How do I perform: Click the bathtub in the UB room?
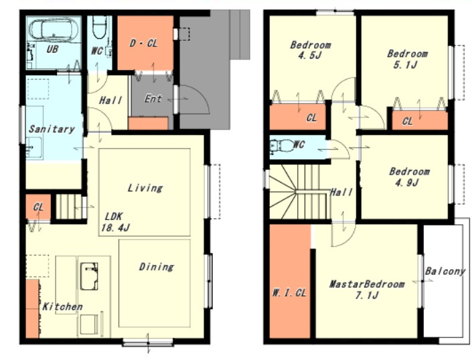(54, 29)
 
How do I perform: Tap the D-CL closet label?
(144, 43)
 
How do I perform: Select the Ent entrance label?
(153, 98)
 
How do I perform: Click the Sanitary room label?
(52, 129)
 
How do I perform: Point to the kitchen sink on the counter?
(89, 276)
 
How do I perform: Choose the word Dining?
(156, 267)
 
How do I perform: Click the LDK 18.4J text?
(115, 221)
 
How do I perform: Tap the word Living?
(145, 188)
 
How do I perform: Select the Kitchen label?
(62, 306)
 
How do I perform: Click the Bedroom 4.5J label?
(310, 50)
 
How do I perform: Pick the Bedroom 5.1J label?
(406, 59)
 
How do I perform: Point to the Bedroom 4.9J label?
(409, 177)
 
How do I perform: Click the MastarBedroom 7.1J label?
(367, 290)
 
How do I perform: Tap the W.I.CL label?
(289, 292)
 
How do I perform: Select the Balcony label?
(445, 271)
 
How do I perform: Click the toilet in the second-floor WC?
(281, 146)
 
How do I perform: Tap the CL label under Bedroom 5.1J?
(407, 122)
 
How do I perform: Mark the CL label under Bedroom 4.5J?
(311, 118)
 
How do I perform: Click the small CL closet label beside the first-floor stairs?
(38, 207)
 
